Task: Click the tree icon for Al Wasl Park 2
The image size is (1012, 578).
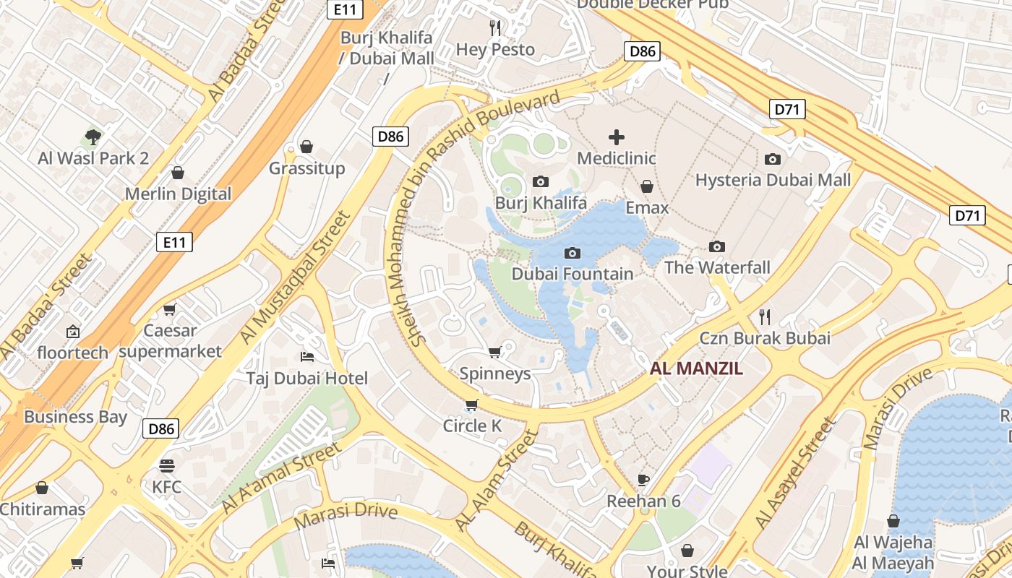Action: pos(93,137)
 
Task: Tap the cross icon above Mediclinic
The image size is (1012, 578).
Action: pos(616,137)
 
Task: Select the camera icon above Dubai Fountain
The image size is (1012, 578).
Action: pos(572,253)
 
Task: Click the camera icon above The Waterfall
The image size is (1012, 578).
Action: pos(716,246)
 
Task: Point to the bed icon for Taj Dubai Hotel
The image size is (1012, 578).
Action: pos(306,357)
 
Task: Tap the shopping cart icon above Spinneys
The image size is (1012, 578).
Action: pos(494,352)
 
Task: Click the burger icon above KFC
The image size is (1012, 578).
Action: pos(167,465)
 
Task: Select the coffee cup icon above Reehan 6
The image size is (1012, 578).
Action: pos(643,480)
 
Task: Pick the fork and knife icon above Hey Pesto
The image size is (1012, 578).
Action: pos(495,28)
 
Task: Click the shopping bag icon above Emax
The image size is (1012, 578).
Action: pos(646,186)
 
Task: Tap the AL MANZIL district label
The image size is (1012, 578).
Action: pos(696,368)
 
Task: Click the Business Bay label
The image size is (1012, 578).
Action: pos(75,417)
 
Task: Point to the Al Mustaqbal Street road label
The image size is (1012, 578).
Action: pos(296,277)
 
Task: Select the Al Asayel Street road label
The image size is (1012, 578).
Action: pos(795,472)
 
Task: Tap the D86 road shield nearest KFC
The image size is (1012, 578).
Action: pos(160,428)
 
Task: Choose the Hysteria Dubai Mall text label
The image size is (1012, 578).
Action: pos(773,180)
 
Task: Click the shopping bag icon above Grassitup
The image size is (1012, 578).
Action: pos(306,147)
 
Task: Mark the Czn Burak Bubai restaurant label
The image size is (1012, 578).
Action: pos(765,337)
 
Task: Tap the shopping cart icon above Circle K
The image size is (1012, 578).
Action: pos(471,405)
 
